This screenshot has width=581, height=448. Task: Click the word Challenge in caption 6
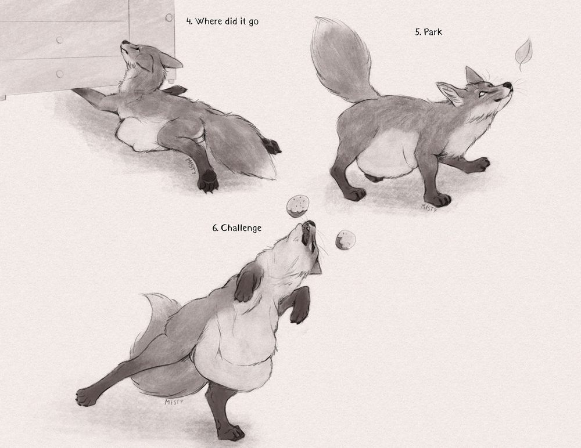(241, 229)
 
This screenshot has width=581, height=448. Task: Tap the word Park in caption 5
(433, 32)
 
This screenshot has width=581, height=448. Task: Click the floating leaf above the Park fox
(523, 53)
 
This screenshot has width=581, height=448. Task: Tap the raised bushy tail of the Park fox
(341, 59)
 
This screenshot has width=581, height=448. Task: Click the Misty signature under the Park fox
(429, 207)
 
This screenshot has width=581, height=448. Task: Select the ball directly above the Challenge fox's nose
(298, 206)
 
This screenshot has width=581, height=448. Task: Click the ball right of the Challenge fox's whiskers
(345, 240)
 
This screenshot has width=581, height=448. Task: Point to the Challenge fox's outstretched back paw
(87, 397)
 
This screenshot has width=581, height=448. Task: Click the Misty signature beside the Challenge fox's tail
(174, 402)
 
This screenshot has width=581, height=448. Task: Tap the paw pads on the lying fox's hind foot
(208, 181)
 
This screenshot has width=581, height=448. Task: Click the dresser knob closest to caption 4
(169, 17)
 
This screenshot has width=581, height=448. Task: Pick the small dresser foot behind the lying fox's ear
(171, 80)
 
